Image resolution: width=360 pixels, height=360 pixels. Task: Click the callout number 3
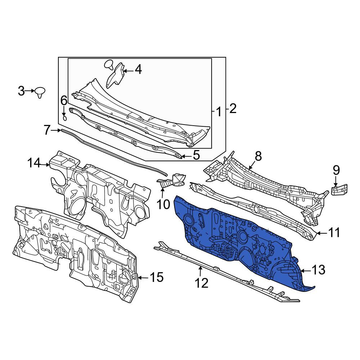coord(21,91)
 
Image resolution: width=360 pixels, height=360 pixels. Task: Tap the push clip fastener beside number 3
coord(40,92)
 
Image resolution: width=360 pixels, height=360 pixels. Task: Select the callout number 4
coord(138,69)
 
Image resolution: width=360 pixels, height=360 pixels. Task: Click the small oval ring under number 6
coord(65,118)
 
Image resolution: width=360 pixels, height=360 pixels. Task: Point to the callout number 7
coord(47,130)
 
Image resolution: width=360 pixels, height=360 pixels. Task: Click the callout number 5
coord(196,155)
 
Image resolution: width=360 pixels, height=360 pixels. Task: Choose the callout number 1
coord(219,112)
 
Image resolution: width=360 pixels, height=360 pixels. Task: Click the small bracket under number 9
coord(339,190)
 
